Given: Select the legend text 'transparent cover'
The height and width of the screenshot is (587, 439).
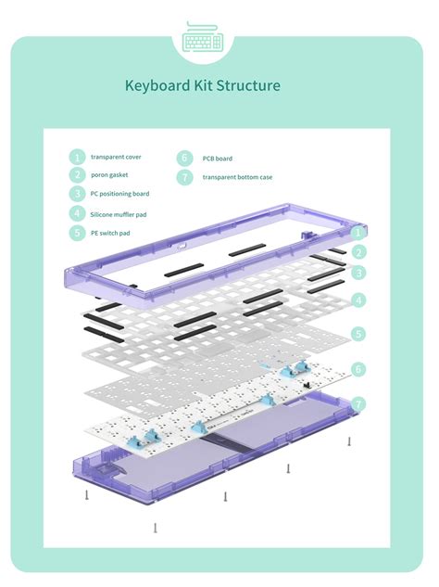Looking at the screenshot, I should click(116, 157).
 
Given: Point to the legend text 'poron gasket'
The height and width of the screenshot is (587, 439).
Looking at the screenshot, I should click(109, 175).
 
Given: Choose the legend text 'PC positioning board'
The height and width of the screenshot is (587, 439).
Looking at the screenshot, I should click(119, 194).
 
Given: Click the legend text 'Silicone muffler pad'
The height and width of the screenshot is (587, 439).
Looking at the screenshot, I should click(119, 214).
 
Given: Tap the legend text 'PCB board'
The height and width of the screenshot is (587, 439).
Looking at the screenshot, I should click(217, 158).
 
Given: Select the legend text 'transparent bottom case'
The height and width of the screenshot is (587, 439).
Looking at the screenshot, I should click(237, 176).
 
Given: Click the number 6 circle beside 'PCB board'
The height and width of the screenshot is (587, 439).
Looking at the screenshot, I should click(184, 158).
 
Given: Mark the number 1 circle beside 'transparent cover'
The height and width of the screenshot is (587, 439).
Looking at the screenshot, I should click(77, 157).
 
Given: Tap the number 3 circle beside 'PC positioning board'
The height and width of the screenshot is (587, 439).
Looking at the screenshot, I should click(77, 194).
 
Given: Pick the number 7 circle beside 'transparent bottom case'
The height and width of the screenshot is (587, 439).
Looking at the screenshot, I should click(184, 176).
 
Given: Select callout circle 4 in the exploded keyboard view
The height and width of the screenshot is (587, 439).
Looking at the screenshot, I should click(358, 300).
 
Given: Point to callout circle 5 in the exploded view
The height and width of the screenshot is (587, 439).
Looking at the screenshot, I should click(358, 333).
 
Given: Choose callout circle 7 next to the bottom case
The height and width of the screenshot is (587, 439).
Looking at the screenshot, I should click(358, 404).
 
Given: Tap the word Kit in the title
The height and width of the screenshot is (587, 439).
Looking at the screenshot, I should click(204, 86).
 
